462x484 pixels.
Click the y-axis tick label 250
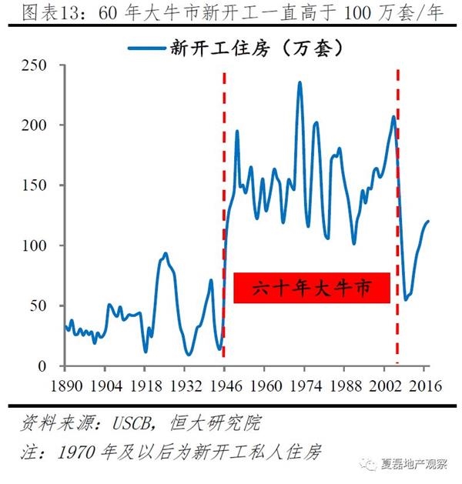tap(36, 65)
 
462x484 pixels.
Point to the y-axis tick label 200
tap(36, 125)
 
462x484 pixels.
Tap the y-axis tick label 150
tap(36, 185)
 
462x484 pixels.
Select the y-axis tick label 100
tap(36, 245)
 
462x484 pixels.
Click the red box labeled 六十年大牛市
tap(312, 288)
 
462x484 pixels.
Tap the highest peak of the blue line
tap(300, 82)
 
